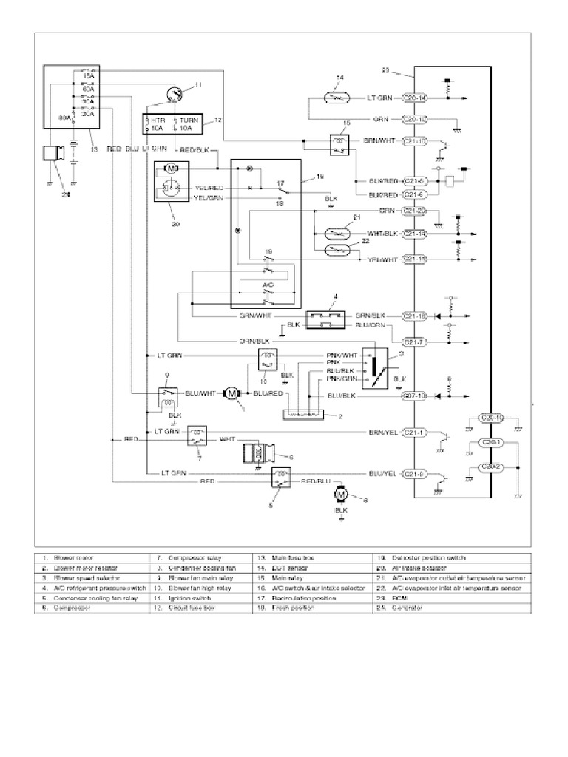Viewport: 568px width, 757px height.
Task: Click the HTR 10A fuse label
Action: click(x=158, y=123)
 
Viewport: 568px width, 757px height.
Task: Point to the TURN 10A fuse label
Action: click(x=186, y=123)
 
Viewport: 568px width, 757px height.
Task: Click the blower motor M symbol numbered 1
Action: click(x=232, y=395)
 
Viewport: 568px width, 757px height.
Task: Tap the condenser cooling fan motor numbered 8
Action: click(x=342, y=494)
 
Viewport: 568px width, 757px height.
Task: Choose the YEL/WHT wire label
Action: click(x=383, y=259)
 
